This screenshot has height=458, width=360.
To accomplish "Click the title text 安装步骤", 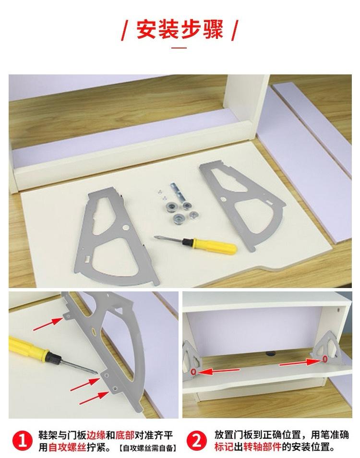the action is [x=180, y=29].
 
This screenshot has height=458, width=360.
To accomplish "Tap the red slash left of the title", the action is [x=125, y=30].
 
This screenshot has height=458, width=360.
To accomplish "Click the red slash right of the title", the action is [x=235, y=30].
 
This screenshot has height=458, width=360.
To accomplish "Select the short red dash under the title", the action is [x=179, y=48].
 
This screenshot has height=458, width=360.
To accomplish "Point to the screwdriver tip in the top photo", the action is [x=155, y=237].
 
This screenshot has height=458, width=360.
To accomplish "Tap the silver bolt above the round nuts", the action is [x=177, y=192].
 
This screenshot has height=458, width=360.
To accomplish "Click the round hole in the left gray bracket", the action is [x=126, y=227].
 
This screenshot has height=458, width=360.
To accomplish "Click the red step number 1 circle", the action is [x=22, y=441].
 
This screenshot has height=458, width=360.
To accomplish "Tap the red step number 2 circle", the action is [x=196, y=441].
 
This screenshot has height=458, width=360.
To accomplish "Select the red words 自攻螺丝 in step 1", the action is [x=68, y=447].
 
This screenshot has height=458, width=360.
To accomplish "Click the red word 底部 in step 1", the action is [x=125, y=435].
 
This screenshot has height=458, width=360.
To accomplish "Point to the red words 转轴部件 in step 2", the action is [x=263, y=447].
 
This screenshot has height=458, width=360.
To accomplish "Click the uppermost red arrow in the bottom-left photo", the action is [x=48, y=324].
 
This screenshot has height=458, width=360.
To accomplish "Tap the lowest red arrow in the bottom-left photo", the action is [x=94, y=398].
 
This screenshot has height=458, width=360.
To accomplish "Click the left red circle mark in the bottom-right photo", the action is [x=193, y=372].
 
